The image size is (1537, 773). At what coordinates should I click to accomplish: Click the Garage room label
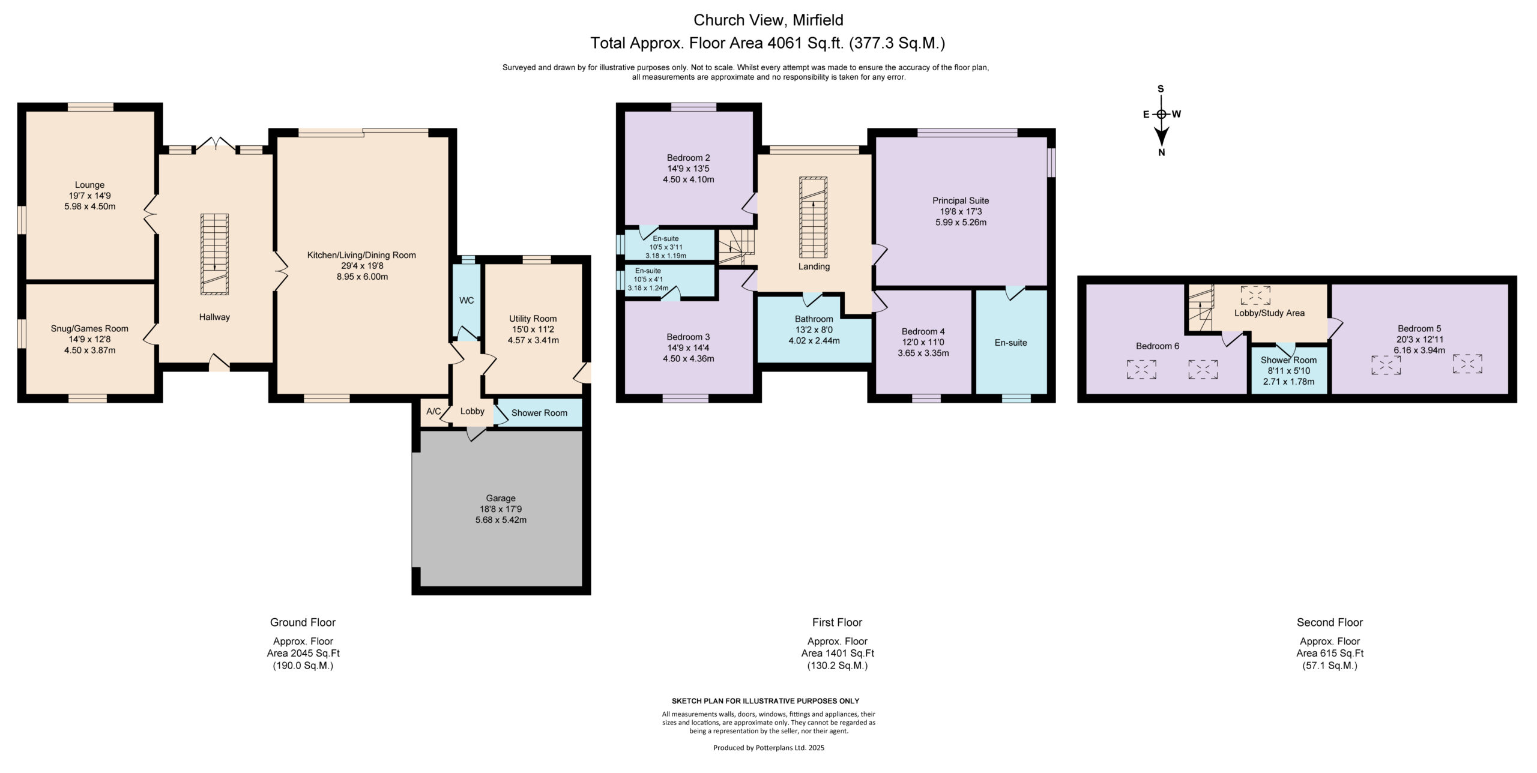tap(501, 498)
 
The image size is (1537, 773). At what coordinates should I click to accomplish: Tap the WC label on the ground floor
tap(467, 300)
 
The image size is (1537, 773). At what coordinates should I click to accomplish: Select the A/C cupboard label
tap(433, 411)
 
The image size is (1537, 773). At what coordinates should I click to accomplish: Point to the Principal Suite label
tap(961, 200)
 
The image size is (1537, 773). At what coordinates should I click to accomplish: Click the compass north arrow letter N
tap(1162, 152)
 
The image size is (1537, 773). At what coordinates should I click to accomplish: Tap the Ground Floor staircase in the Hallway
tap(214, 254)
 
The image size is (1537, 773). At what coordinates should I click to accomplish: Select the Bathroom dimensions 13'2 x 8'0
tap(814, 329)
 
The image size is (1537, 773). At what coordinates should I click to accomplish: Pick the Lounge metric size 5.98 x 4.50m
tap(89, 206)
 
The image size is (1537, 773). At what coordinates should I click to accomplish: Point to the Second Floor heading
tap(1330, 622)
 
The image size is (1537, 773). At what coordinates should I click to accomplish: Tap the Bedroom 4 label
tap(923, 331)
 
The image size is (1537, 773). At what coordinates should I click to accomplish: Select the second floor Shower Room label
tap(1288, 360)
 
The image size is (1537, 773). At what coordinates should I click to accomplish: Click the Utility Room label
tap(533, 319)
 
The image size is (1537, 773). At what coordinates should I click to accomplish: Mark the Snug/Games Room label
tap(89, 328)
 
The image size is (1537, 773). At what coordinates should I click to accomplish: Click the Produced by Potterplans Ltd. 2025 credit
tap(768, 748)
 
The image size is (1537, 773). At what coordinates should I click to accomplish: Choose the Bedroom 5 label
tap(1419, 328)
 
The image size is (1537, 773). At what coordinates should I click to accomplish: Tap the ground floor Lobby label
tap(473, 411)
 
